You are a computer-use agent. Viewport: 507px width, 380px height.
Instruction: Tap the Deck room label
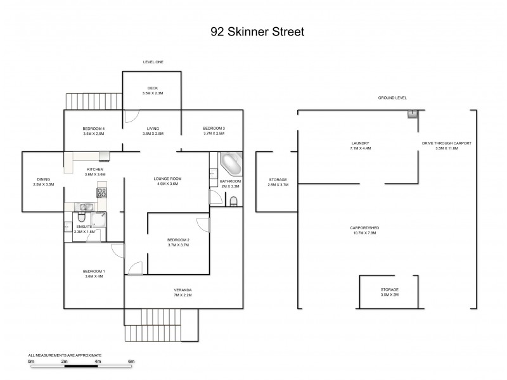pyautogui.click(x=152, y=88)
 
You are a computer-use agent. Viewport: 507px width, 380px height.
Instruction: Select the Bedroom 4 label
pyautogui.click(x=93, y=129)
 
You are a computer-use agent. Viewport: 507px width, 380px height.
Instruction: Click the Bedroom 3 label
pyautogui.click(x=214, y=129)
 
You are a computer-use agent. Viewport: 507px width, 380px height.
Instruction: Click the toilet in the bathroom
pyautogui.click(x=233, y=201)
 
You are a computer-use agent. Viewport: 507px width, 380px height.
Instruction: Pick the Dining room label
pyautogui.click(x=44, y=180)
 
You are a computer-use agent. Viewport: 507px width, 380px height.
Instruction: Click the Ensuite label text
pyautogui.click(x=84, y=226)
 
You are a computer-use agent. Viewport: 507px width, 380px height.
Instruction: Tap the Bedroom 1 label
pyautogui.click(x=95, y=272)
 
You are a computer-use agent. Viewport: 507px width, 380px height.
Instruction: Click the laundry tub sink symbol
pyautogui.click(x=412, y=115)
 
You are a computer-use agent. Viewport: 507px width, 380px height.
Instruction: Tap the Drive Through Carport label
pyautogui.click(x=447, y=143)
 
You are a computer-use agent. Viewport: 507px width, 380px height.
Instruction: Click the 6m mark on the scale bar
pyautogui.click(x=131, y=361)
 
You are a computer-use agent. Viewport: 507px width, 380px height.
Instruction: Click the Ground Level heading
pyautogui.click(x=392, y=98)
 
